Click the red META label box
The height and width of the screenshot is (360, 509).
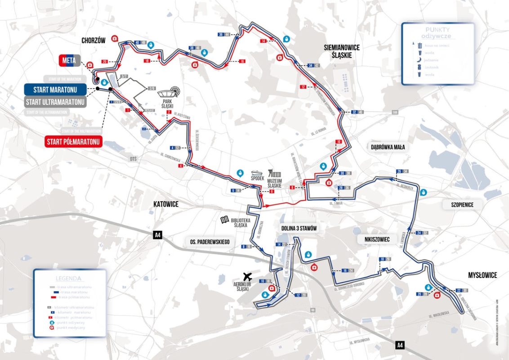tap(69, 61)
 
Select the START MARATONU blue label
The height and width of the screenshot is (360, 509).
tap(54, 90)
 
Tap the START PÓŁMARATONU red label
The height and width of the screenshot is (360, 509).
tap(74, 142)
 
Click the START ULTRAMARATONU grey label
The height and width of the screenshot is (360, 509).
tap(55, 102)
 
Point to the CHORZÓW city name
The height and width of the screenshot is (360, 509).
tap(94, 40)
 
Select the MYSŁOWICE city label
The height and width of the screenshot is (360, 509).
tap(482, 275)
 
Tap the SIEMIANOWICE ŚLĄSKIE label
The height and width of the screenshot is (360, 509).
tap(342, 51)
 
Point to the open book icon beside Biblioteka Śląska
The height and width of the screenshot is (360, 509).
tap(224, 220)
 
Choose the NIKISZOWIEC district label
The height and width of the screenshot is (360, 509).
tap(374, 239)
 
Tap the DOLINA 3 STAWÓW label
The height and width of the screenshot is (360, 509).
tap(299, 229)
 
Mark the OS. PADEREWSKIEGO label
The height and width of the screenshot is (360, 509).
tap(207, 242)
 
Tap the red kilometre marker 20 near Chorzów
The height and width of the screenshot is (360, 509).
tap(105, 61)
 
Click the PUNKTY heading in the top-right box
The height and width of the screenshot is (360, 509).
tap(437, 29)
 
